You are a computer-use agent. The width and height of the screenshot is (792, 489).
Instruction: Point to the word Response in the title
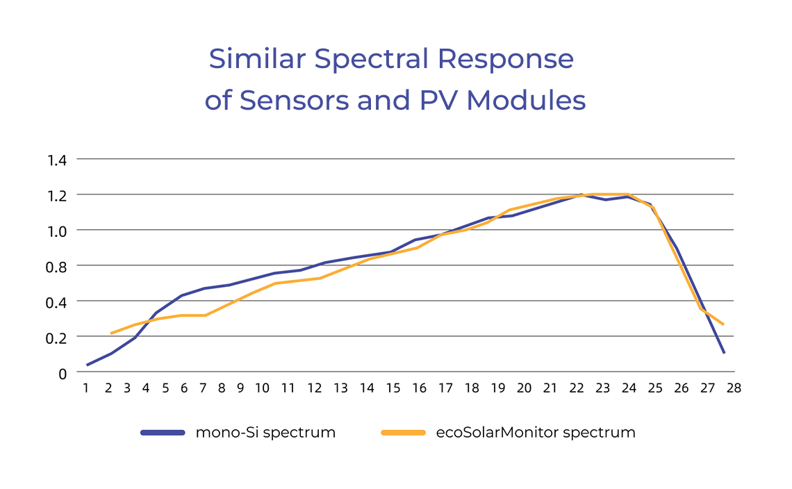(x=506, y=60)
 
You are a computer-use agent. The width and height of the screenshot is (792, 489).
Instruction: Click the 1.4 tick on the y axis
(x=57, y=160)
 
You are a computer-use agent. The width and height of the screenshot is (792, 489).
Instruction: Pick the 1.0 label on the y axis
(x=57, y=231)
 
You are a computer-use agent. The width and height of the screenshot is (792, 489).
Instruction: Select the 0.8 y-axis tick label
(x=57, y=266)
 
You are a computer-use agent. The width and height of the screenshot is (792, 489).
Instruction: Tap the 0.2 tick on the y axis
(x=57, y=337)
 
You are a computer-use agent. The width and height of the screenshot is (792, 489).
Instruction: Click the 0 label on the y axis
(x=63, y=373)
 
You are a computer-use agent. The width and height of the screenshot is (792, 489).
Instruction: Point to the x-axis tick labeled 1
(x=86, y=388)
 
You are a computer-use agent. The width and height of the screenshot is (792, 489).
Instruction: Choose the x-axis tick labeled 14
(x=367, y=388)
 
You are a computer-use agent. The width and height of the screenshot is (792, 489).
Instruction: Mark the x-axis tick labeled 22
(x=577, y=388)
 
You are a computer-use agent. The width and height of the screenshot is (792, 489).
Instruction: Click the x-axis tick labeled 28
(x=734, y=388)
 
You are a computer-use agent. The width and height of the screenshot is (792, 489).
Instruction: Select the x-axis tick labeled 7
(x=203, y=388)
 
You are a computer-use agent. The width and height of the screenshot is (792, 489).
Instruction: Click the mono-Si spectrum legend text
(x=265, y=432)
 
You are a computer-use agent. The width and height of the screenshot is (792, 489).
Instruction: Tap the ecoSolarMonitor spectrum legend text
(x=536, y=432)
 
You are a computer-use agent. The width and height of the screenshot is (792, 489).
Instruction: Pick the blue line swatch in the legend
(x=163, y=432)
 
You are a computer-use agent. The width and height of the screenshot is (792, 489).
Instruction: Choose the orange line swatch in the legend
(x=403, y=432)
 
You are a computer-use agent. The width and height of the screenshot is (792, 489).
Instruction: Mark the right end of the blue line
(x=724, y=353)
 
